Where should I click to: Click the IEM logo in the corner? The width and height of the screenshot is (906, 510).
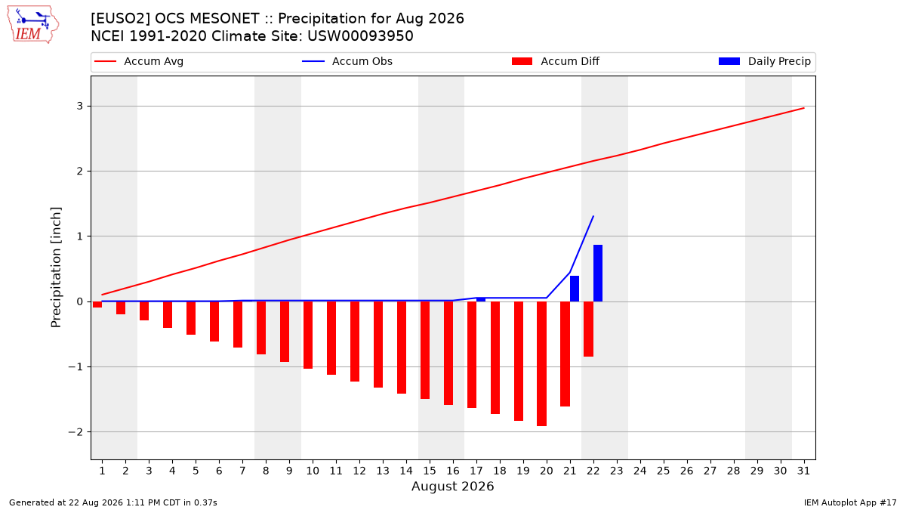point(33,25)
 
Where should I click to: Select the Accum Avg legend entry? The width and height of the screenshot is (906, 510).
point(139,61)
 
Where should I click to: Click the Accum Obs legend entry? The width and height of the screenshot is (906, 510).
point(347,61)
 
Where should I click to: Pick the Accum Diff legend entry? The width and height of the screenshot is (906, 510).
point(556,61)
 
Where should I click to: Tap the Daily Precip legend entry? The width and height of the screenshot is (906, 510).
point(764,61)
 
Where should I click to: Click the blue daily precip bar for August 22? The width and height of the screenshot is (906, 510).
point(598,274)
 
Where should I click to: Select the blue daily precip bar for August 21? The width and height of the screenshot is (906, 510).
point(575,289)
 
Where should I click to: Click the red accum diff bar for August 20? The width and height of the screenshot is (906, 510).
point(542,363)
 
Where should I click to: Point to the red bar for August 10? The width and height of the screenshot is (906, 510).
point(308,335)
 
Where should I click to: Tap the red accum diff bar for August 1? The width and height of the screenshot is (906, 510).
point(97,304)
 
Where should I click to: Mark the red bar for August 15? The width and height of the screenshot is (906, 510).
point(425,350)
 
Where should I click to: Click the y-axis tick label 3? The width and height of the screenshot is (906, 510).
point(80,106)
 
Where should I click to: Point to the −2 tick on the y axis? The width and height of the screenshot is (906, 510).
point(75,432)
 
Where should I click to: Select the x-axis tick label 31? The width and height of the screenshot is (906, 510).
point(803,471)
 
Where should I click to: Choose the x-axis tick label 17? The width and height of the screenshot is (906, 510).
point(476,471)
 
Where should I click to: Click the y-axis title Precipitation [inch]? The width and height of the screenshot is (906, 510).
point(56,267)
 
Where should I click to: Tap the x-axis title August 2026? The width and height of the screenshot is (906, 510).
point(453,486)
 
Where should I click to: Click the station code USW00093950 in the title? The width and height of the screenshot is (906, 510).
point(360,36)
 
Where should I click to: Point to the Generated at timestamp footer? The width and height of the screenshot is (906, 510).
point(113,502)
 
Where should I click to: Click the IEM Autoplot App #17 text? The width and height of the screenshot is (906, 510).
point(850,502)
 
